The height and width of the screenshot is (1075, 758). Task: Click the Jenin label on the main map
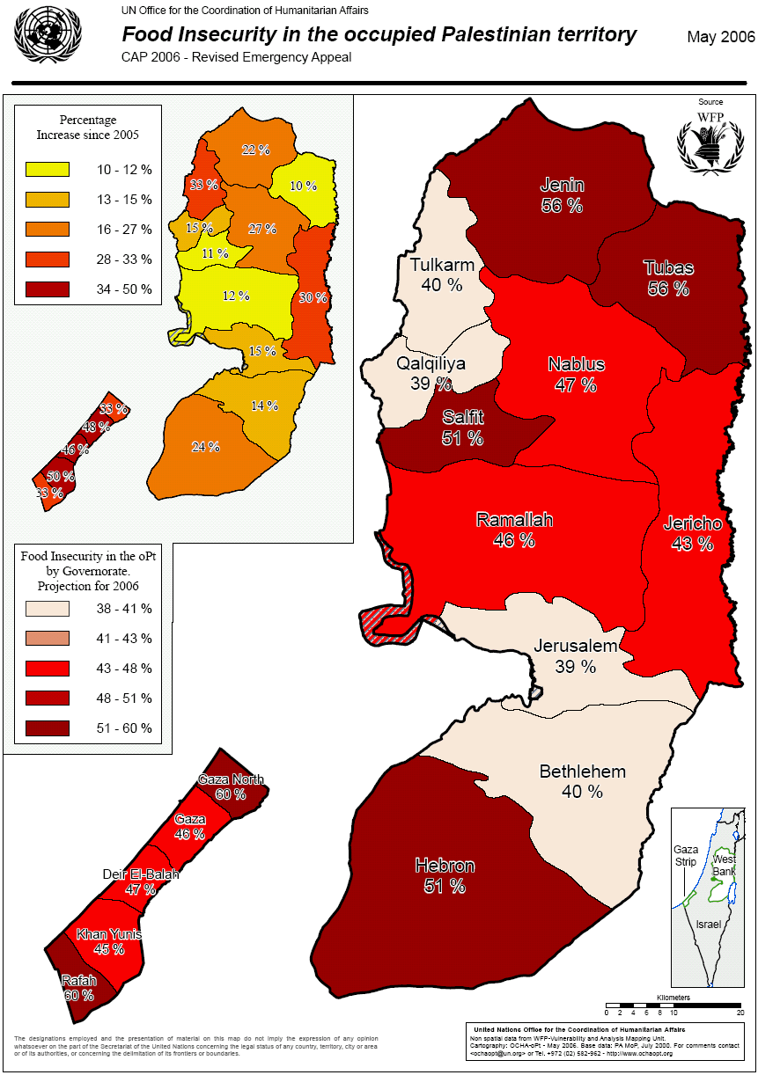pyautogui.click(x=562, y=186)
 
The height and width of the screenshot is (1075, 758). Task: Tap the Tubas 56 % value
pyautogui.click(x=668, y=289)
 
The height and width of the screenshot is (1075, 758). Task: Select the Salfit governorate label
pyautogui.click(x=462, y=417)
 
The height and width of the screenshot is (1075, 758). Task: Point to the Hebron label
pyautogui.click(x=445, y=866)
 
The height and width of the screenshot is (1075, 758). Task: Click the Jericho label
pyautogui.click(x=692, y=524)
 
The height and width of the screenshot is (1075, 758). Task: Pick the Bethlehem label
pyautogui.click(x=582, y=772)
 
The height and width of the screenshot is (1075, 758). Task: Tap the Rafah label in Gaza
pyautogui.click(x=78, y=980)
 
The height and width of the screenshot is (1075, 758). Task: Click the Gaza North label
pyautogui.click(x=231, y=779)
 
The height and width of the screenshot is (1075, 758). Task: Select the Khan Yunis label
pyautogui.click(x=109, y=933)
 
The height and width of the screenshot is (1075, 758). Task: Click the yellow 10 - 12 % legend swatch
pyautogui.click(x=48, y=169)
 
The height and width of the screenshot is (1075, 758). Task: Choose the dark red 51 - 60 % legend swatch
pyautogui.click(x=48, y=728)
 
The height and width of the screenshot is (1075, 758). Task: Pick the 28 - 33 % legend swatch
pyautogui.click(x=48, y=260)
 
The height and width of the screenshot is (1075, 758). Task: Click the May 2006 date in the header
pyautogui.click(x=720, y=37)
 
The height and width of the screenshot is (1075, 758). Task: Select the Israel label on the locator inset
pyautogui.click(x=708, y=925)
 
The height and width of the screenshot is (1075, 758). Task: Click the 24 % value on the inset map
pyautogui.click(x=205, y=447)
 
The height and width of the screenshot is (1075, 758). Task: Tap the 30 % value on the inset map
pyautogui.click(x=312, y=298)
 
